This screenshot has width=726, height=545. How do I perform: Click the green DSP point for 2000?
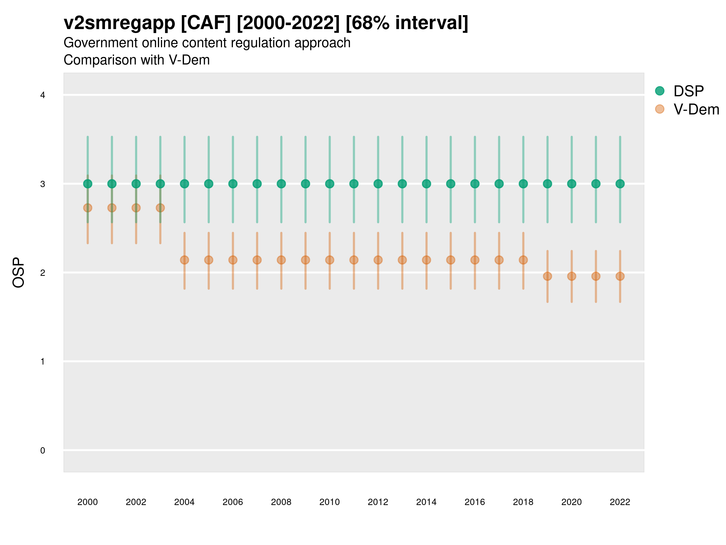click(88, 184)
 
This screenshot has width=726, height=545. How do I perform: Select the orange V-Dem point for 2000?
click(88, 208)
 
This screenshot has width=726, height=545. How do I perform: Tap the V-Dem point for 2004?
click(185, 260)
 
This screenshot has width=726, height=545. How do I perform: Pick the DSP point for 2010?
click(329, 184)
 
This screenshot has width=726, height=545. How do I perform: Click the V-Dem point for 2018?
click(523, 260)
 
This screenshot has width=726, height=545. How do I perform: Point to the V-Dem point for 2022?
click(620, 276)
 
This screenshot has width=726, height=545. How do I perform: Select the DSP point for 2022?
click(620, 184)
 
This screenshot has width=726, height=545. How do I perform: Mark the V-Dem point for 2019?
click(548, 276)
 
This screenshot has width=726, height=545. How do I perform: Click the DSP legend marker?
click(660, 91)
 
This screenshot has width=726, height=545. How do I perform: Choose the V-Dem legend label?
click(696, 109)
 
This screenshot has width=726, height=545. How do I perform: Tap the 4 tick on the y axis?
click(43, 95)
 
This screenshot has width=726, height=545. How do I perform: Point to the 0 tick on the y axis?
click(43, 451)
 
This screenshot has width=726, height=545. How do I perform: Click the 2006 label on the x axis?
click(233, 502)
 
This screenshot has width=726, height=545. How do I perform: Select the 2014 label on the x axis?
click(426, 502)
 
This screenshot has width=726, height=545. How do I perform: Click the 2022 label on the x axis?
click(620, 502)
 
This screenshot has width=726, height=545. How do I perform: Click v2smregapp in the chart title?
click(119, 23)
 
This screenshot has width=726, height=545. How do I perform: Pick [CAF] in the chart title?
click(206, 23)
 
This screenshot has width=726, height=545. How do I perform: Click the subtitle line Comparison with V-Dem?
click(136, 60)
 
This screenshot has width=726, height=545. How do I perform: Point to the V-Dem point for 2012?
click(378, 260)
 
